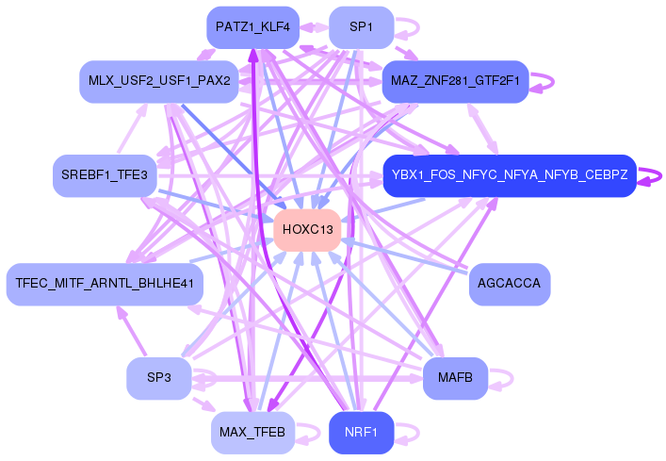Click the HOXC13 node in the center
tap(307, 230)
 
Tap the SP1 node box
tap(361, 26)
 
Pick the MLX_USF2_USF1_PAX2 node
tap(159, 81)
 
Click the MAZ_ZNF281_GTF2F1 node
tap(454, 81)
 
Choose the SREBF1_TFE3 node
tap(104, 175)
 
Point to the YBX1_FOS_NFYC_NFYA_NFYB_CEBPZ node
tap(510, 175)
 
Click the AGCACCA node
tap(509, 284)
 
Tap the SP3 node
tap(158, 378)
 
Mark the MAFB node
tap(455, 378)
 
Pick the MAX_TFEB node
tap(252, 433)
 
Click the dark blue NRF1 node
tap(361, 433)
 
